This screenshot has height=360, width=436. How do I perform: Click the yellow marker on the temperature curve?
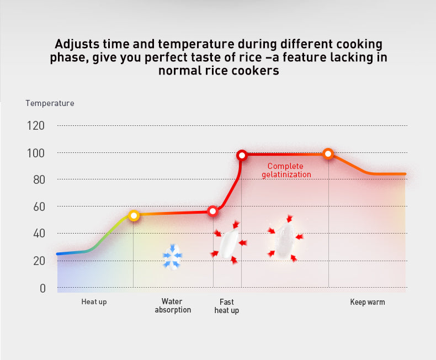click(x=134, y=215)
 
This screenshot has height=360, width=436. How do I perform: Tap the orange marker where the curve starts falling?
click(x=328, y=154)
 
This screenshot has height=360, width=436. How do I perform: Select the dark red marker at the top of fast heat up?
click(x=242, y=155)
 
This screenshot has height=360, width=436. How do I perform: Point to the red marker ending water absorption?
click(x=212, y=211)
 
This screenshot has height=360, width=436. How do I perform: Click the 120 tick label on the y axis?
click(x=35, y=126)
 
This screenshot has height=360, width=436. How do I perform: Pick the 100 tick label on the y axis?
click(x=35, y=153)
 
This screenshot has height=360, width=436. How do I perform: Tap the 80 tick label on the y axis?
click(x=39, y=180)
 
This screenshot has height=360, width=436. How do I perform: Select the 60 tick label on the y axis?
click(x=39, y=207)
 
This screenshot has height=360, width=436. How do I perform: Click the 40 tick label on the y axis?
click(x=39, y=234)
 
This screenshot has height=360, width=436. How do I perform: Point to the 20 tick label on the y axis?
click(x=39, y=261)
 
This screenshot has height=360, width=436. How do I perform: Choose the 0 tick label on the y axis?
click(x=42, y=289)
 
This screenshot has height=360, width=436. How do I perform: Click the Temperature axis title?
click(x=50, y=103)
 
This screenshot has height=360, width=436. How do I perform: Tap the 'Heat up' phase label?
click(x=94, y=302)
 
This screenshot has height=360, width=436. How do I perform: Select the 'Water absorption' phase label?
click(x=173, y=306)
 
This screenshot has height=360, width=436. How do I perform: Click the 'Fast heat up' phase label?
click(x=227, y=306)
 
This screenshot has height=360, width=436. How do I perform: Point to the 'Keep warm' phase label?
click(x=368, y=302)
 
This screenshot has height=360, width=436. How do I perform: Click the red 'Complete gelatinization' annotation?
click(x=286, y=170)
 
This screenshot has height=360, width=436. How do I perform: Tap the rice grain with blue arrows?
click(x=172, y=257)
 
